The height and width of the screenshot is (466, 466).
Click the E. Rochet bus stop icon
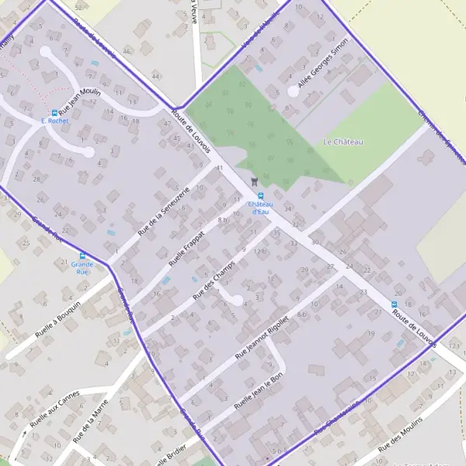(x=54, y=113)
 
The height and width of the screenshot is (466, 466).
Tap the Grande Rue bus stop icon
(x=82, y=256)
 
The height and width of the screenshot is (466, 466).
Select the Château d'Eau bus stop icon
(x=260, y=196)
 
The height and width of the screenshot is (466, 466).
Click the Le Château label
(x=343, y=142)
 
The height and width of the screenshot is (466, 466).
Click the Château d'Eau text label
(x=260, y=207)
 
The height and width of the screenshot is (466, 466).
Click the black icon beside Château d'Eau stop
(x=252, y=182)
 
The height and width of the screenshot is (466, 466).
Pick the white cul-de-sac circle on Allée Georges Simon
(x=293, y=91)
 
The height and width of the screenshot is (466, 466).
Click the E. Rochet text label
(x=54, y=122)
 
